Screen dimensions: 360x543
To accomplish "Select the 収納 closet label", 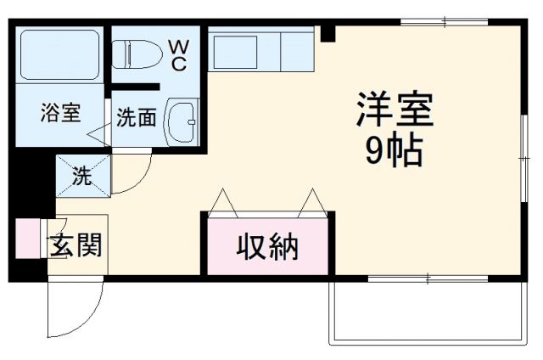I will [267, 247].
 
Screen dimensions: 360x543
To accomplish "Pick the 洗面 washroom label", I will [136, 118].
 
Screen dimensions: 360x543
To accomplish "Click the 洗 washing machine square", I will [82, 176].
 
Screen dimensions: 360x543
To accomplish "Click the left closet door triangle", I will [226, 201].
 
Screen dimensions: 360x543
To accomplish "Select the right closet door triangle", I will [311, 201].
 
